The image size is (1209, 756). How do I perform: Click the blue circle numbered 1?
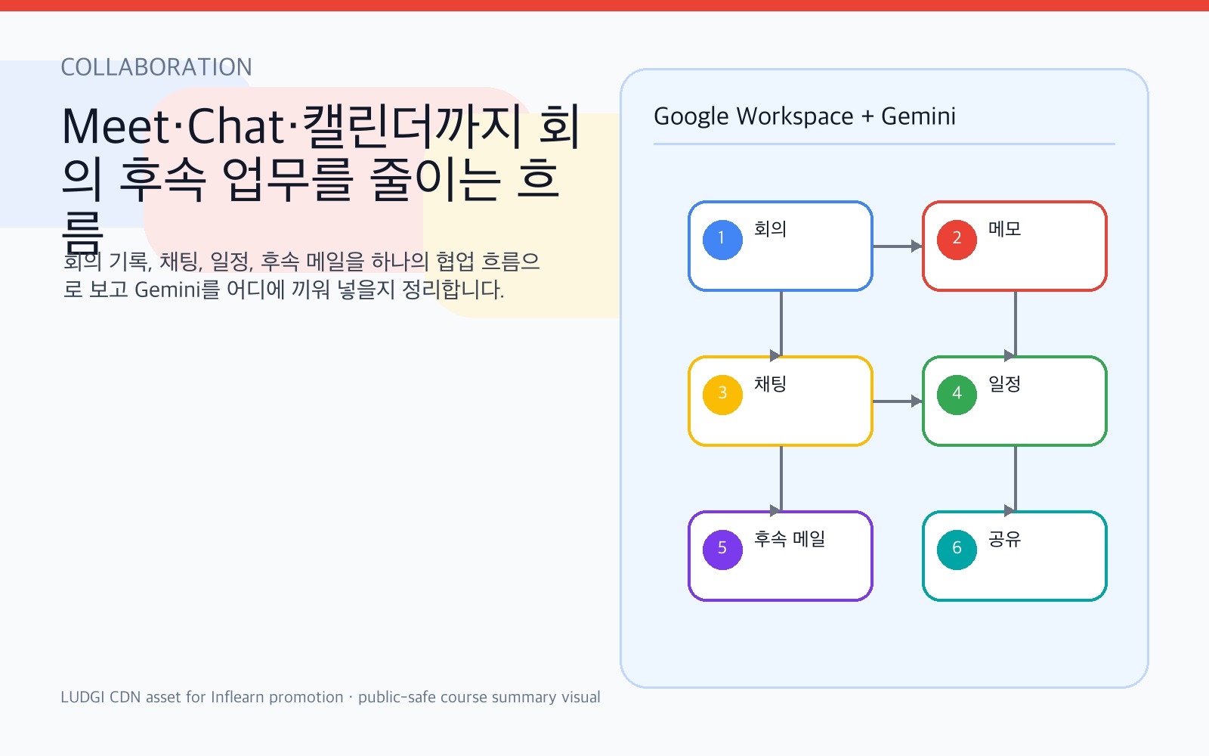point(722,240)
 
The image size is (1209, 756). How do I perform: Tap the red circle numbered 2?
point(957,240)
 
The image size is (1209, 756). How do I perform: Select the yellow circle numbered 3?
point(722,395)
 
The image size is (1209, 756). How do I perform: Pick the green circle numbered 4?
point(957,395)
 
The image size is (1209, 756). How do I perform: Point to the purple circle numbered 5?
point(722,550)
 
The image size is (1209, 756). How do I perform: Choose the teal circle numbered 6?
point(957,550)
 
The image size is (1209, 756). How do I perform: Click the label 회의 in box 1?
point(770,229)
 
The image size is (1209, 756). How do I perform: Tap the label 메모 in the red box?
point(1004,229)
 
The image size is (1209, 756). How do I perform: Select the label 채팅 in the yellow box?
point(770,384)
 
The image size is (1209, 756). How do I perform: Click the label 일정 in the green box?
point(1004,384)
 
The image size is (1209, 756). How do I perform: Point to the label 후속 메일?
point(790,539)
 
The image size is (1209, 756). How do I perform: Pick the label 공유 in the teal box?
point(1004,539)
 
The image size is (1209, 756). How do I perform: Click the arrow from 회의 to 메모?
point(898,246)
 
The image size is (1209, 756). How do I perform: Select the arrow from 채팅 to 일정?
point(898,401)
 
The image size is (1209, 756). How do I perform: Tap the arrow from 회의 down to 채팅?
point(781,324)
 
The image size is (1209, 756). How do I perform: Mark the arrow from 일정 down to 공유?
point(1015,479)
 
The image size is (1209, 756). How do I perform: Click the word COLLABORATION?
point(156,67)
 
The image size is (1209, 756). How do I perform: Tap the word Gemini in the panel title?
point(918,116)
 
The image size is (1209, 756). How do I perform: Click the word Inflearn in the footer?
point(237,697)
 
